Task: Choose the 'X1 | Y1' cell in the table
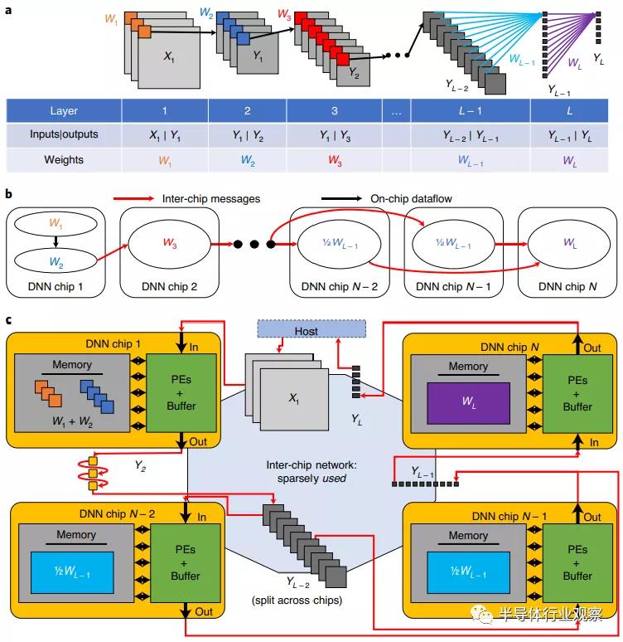tap(164, 134)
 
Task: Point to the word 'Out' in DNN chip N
tap(592, 348)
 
